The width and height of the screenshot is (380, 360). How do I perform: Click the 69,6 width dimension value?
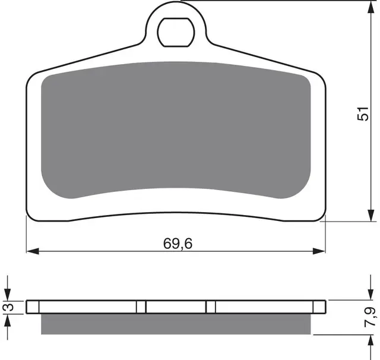pyautogui.click(x=178, y=244)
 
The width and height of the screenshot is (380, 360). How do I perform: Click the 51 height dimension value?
pyautogui.click(x=363, y=113)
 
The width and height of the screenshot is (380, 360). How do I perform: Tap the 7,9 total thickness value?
pyautogui.click(x=370, y=317)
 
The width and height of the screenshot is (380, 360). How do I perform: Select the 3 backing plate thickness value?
pyautogui.click(x=8, y=307)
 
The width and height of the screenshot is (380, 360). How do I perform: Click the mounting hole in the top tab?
pyautogui.click(x=176, y=32)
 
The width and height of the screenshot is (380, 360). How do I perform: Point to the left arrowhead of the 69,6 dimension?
pyautogui.click(x=33, y=251)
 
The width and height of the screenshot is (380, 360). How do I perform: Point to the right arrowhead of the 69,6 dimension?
pyautogui.click(x=319, y=251)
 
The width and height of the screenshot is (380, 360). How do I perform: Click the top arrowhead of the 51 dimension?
pyautogui.click(x=370, y=7)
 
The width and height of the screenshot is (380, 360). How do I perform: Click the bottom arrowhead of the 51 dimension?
pyautogui.click(x=370, y=215)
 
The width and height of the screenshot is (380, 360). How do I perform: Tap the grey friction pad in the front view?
pyautogui.click(x=176, y=130)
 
